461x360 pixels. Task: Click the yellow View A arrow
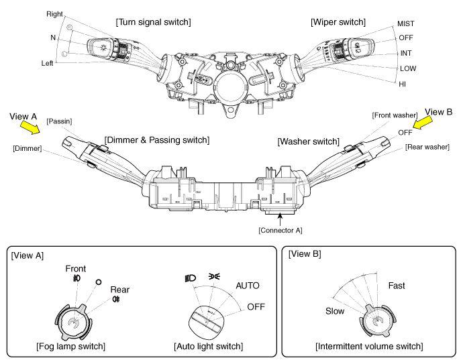pyautogui.click(x=30, y=127)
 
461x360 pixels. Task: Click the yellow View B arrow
pyautogui.click(x=423, y=122)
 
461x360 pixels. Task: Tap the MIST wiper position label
pyautogui.click(x=405, y=23)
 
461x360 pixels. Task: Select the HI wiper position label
pyautogui.click(x=402, y=84)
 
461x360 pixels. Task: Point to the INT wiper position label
pyautogui.click(x=406, y=53)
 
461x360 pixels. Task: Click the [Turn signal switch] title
pyautogui.click(x=153, y=22)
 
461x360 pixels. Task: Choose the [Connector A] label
pyautogui.click(x=280, y=230)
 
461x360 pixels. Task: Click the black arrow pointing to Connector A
pyautogui.click(x=280, y=219)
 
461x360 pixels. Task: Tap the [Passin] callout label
pyautogui.click(x=59, y=121)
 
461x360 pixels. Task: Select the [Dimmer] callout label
pyautogui.click(x=28, y=148)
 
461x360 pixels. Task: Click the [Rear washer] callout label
pyautogui.click(x=427, y=147)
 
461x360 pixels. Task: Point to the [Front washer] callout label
pyautogui.click(x=395, y=115)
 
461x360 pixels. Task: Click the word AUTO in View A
pyautogui.click(x=248, y=286)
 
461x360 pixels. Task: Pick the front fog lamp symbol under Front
pyautogui.click(x=76, y=278)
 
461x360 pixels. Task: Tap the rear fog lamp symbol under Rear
pyautogui.click(x=116, y=299)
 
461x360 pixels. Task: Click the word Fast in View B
pyautogui.click(x=397, y=286)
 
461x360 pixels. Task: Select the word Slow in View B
pyautogui.click(x=335, y=311)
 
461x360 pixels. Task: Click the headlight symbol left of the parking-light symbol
pyautogui.click(x=190, y=278)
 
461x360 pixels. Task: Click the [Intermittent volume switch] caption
pyautogui.click(x=369, y=346)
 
